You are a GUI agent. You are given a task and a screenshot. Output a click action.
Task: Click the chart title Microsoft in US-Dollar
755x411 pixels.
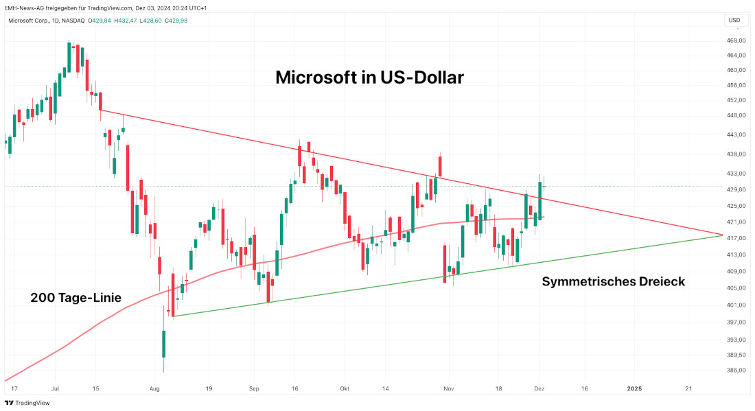pyautogui.click(x=369, y=78)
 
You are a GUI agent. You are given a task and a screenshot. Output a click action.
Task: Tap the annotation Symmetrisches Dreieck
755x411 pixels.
pyautogui.click(x=613, y=281)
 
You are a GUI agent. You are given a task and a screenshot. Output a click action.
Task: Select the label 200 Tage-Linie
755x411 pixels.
pyautogui.click(x=75, y=298)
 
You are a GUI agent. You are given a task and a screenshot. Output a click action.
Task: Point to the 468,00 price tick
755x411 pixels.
pyautogui.click(x=736, y=40)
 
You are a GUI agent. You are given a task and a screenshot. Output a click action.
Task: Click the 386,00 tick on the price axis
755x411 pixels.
pyautogui.click(x=736, y=371)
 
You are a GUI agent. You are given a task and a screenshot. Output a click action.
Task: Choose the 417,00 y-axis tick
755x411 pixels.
pyautogui.click(x=736, y=238)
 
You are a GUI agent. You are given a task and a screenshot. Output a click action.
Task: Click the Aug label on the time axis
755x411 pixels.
pyautogui.click(x=154, y=388)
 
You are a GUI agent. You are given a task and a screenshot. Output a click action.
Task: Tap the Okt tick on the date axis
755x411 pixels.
pyautogui.click(x=345, y=388)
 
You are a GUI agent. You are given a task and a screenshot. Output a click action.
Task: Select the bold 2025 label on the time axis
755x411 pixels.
pyautogui.click(x=634, y=388)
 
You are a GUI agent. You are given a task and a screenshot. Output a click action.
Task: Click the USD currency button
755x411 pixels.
pyautogui.click(x=734, y=20)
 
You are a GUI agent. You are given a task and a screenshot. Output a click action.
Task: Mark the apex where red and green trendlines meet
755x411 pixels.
pyautogui.click(x=722, y=235)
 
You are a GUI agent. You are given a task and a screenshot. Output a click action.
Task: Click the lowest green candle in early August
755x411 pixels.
pyautogui.click(x=164, y=343)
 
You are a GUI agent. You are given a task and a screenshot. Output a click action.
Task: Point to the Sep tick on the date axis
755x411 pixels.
pyautogui.click(x=253, y=388)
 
